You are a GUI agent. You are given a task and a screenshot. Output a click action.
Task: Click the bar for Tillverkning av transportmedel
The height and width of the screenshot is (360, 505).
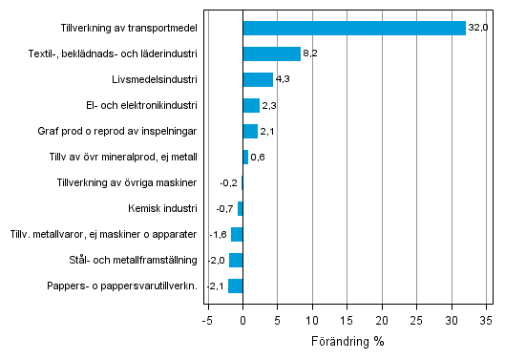pos(354,28)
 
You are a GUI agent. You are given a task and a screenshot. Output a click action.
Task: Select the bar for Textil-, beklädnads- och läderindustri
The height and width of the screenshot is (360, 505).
pos(271,53)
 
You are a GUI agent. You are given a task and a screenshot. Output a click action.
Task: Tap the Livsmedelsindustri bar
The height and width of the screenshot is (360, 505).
pos(258,79)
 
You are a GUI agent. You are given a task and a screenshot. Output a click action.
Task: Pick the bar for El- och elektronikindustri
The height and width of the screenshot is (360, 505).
pos(251,105)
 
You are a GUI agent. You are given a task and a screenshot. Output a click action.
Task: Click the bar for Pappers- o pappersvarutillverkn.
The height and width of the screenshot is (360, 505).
pos(236,286)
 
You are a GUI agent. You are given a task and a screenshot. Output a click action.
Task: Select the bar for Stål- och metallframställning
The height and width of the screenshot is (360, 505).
pos(236,260)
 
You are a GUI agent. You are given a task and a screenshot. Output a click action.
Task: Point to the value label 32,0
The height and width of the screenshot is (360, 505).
pos(478,28)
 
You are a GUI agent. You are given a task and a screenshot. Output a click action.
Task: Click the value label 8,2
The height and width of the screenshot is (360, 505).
pos(310,54)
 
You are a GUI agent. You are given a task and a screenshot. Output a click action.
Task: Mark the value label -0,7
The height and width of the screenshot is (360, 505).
pos(224,208)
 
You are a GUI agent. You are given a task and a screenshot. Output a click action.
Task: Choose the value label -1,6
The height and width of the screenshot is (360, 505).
pos(218,234)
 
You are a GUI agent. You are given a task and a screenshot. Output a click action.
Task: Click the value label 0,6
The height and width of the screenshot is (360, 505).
pos(258,158)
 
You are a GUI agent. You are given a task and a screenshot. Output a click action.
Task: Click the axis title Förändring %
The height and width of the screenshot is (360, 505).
pos(347,340)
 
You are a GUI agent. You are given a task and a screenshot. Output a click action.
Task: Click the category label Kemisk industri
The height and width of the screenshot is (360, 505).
pos(162,208)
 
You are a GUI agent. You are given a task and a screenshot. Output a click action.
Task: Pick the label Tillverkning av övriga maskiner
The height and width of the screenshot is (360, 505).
pos(127,182)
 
